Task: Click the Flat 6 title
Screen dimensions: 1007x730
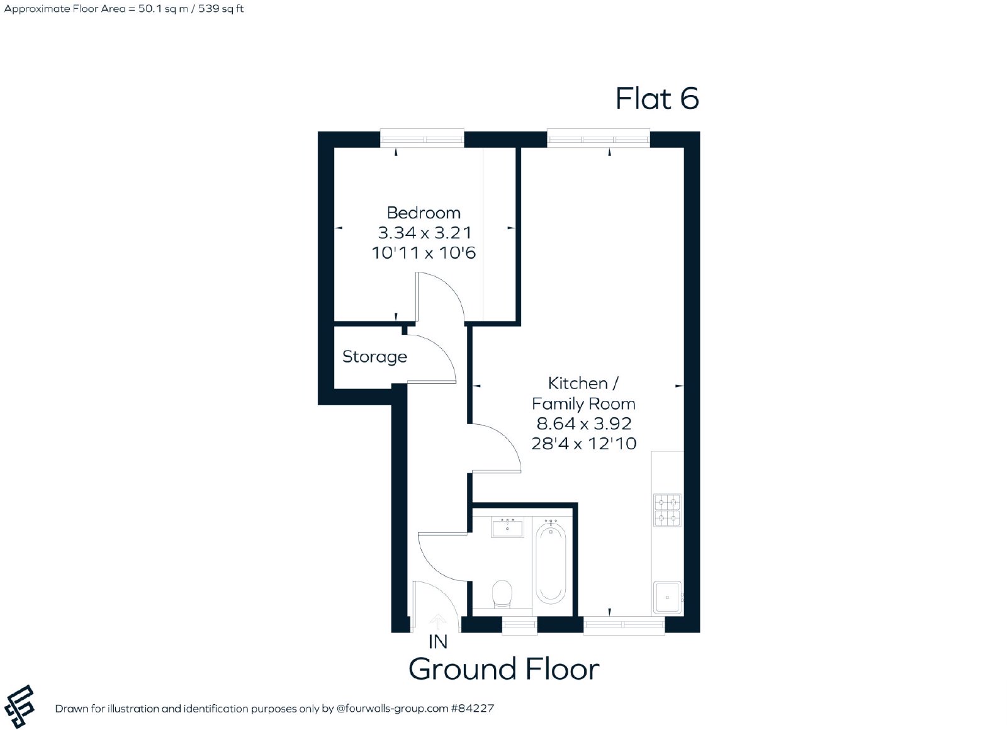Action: click(657, 98)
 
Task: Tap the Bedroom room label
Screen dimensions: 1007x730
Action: click(424, 213)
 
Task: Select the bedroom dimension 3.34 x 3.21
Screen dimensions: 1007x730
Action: click(424, 233)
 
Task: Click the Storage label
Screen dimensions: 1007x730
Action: click(374, 357)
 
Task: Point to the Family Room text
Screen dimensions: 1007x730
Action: click(583, 404)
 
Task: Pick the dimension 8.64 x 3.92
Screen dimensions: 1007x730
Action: click(583, 424)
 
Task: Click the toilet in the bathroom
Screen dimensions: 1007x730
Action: click(502, 594)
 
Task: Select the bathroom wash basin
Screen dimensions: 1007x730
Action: click(507, 528)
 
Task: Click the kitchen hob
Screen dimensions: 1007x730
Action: click(667, 510)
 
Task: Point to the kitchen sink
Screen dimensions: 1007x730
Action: click(668, 597)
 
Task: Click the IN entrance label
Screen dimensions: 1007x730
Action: click(438, 643)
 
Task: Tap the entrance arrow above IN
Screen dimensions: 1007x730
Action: click(438, 622)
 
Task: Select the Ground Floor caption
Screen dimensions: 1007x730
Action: click(504, 669)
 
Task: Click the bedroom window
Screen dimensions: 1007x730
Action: click(422, 138)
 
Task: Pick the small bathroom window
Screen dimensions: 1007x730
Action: click(519, 625)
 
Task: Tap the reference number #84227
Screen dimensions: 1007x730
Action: click(473, 709)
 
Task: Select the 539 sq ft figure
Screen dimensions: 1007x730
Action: click(221, 9)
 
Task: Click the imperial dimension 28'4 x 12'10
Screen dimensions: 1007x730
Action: click(583, 444)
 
